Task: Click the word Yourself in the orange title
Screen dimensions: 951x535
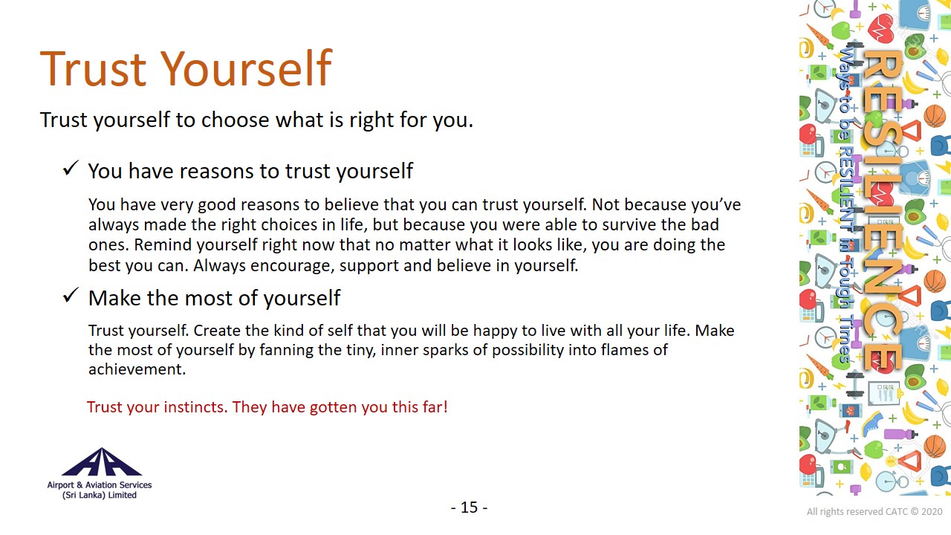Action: click(246, 68)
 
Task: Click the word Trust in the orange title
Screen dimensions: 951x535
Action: click(93, 68)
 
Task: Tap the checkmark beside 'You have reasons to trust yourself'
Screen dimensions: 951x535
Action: click(71, 168)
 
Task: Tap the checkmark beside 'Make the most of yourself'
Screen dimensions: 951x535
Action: click(71, 295)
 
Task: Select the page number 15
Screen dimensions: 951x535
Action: click(469, 507)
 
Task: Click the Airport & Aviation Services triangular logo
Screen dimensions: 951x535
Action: click(102, 462)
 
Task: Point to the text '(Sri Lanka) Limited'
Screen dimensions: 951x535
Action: click(100, 495)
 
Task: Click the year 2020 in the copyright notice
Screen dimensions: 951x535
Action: click(932, 512)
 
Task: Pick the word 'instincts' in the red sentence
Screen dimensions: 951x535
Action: click(194, 406)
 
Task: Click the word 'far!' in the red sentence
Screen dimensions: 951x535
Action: click(435, 406)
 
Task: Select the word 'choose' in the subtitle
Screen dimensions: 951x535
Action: click(235, 120)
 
